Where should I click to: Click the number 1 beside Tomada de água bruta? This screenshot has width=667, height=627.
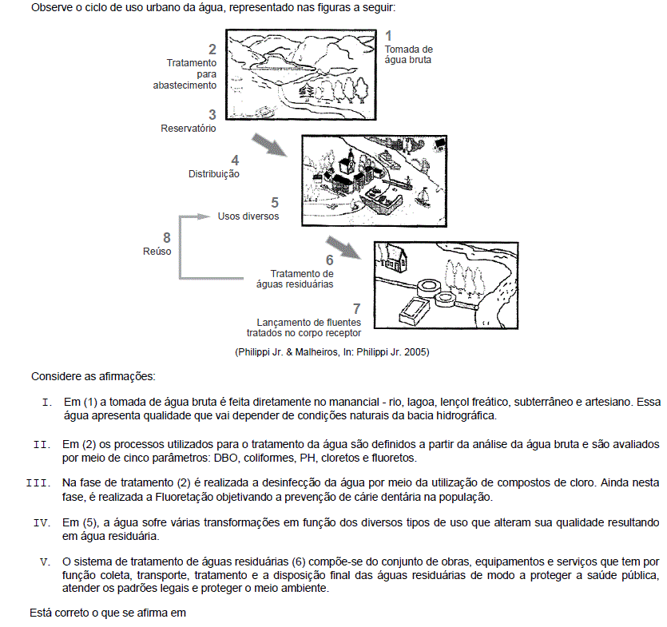click(x=389, y=35)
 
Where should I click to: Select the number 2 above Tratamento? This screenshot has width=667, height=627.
click(x=212, y=50)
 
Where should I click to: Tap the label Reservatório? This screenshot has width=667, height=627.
click(x=189, y=128)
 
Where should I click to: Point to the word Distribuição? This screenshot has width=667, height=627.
click(x=214, y=173)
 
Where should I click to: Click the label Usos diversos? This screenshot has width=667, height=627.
click(x=248, y=216)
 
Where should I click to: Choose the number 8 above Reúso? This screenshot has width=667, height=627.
click(x=166, y=237)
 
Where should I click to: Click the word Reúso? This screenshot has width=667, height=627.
click(x=157, y=251)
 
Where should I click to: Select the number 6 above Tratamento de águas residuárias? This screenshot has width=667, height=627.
click(x=329, y=260)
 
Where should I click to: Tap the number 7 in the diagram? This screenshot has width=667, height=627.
click(x=356, y=308)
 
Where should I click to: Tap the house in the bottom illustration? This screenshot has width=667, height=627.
click(x=393, y=257)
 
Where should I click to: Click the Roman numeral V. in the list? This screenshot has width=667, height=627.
click(x=46, y=561)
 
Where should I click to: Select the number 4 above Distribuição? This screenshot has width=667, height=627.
click(x=235, y=161)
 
